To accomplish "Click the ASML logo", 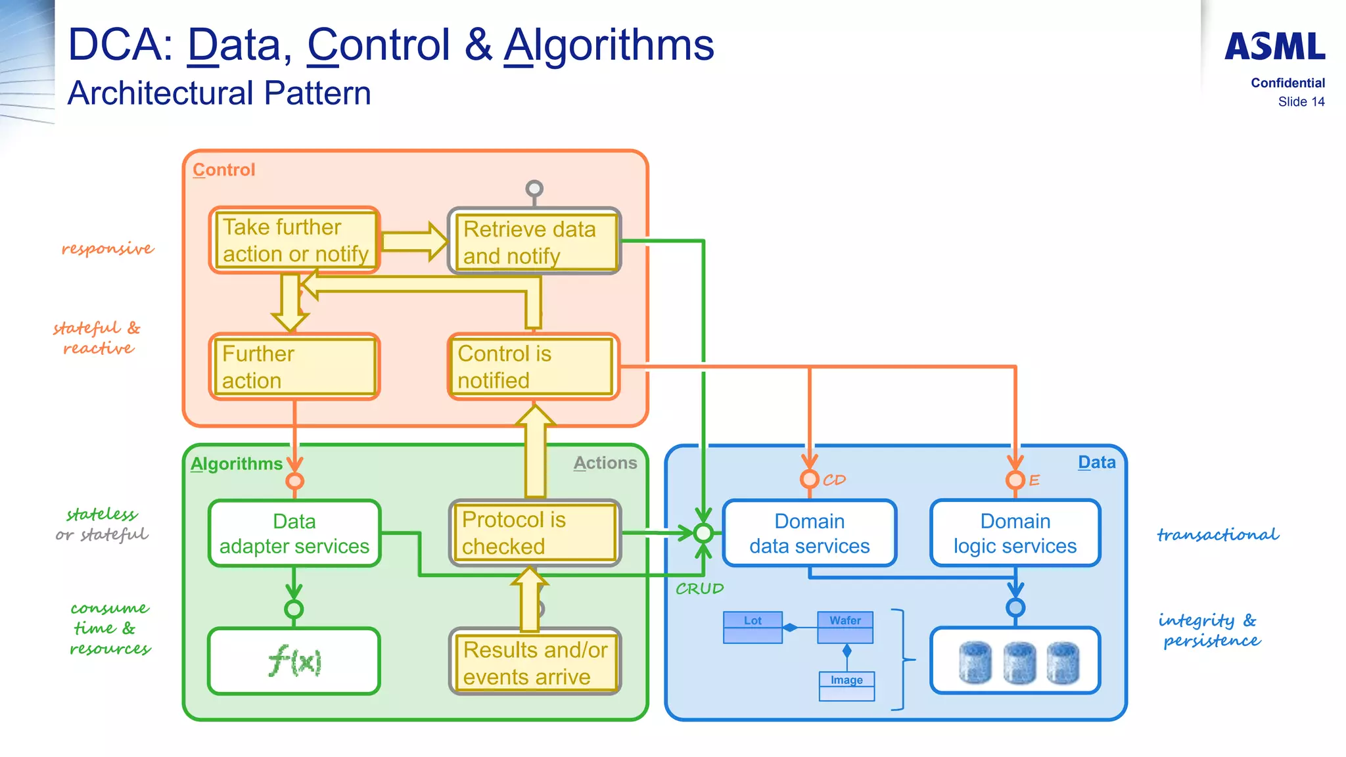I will click(x=1274, y=47).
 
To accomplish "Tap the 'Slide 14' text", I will click(x=1301, y=102).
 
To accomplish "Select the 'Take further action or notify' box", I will click(x=294, y=241).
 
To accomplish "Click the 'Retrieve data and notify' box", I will click(x=534, y=242).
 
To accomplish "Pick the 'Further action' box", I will click(x=294, y=367).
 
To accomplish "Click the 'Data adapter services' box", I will click(x=294, y=534).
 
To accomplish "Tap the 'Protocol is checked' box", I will click(x=534, y=533).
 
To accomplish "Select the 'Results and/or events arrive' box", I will click(x=534, y=662).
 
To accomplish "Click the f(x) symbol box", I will click(x=294, y=661).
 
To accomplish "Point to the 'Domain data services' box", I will click(x=809, y=534).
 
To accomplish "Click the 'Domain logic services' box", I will click(x=1015, y=534).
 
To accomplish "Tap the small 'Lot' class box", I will click(x=753, y=627).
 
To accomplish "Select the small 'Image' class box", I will click(x=847, y=686).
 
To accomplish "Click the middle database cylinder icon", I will click(x=1019, y=662).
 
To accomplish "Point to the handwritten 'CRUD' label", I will click(x=699, y=589).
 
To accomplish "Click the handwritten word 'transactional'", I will click(x=1218, y=535).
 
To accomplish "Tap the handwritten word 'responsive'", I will click(x=108, y=248).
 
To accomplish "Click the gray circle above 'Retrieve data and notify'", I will click(x=534, y=189).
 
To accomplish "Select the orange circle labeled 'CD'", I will click(x=809, y=479).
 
